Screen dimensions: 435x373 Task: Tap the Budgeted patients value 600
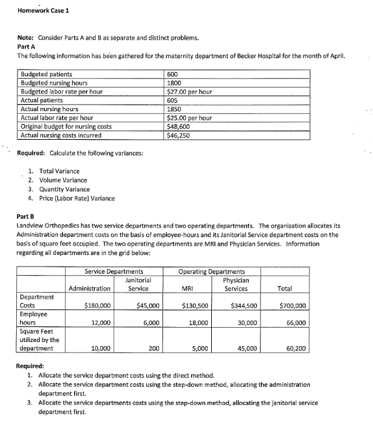click(173, 75)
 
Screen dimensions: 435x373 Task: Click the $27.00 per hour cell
click(190, 92)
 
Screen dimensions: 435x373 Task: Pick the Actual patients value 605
click(173, 101)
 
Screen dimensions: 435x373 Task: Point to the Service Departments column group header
click(114, 271)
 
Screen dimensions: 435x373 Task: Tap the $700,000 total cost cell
click(292, 305)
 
